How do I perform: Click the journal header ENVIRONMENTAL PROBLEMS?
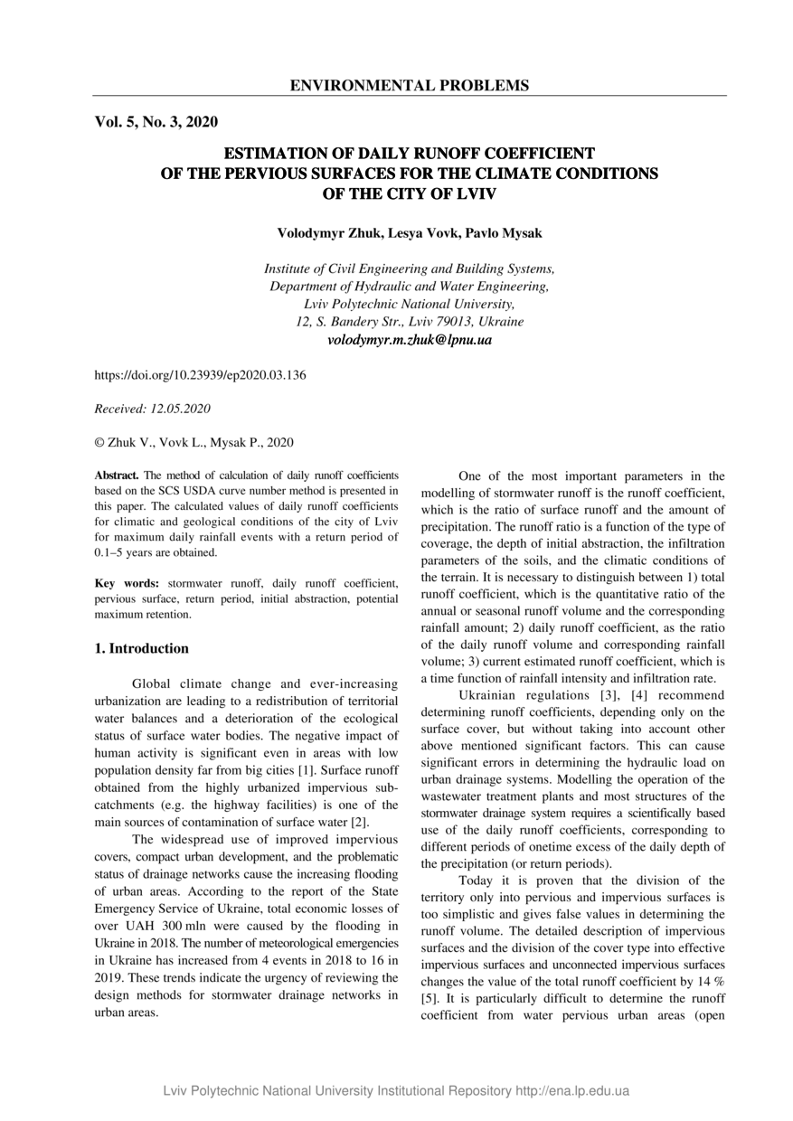(409, 86)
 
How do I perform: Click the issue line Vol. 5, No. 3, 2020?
(156, 122)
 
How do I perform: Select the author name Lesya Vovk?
(423, 233)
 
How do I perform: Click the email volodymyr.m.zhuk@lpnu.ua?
(409, 340)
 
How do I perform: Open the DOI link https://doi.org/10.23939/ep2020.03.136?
(200, 374)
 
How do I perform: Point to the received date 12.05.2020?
(181, 409)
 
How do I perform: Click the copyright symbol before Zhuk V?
(99, 443)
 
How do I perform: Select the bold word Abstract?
(117, 475)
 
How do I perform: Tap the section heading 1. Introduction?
(142, 648)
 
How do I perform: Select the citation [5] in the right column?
(430, 999)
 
